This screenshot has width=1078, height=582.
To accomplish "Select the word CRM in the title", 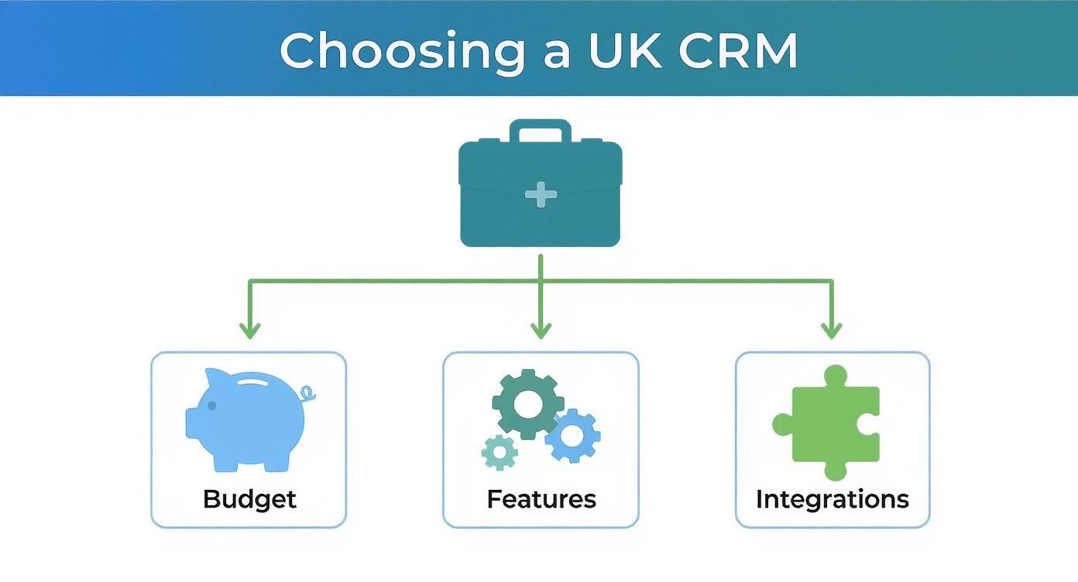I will pos(736,51).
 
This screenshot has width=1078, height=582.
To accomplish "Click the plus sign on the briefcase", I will pos(541,194).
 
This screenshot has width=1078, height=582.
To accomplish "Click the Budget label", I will pos(249,499).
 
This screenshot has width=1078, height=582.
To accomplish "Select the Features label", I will pos(541,499).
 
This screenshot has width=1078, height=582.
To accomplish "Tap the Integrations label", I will pos(832,499).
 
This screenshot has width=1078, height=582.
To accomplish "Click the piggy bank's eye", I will pos(211,406).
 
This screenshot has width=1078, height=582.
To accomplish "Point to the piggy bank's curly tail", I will pos(308,394).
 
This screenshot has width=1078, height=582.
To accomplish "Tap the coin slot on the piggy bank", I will pos(259,382).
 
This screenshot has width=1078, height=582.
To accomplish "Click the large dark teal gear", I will pos(528,403).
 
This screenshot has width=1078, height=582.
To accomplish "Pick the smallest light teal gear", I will pos(500,452).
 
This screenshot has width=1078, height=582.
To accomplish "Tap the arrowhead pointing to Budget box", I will pos(249,331).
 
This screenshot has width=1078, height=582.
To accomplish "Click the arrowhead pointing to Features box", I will pos(541,331).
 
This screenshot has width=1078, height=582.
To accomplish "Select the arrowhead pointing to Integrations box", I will pos(832,331).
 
